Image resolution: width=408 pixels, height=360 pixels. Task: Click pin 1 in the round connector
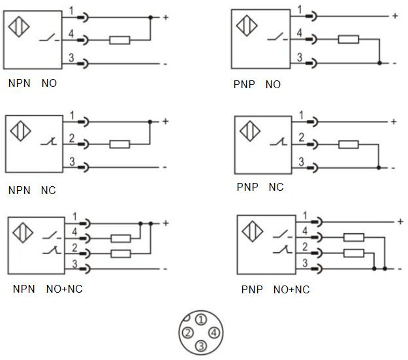coord(202,319)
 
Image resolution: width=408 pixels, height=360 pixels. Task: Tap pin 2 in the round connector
coord(187,333)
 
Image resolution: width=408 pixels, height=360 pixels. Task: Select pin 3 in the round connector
coord(202,346)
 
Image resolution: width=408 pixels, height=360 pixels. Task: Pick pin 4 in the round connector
coord(215,333)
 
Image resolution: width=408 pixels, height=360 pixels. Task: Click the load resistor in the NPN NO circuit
coord(119,41)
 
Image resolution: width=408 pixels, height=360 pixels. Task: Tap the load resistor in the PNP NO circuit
coord(348,39)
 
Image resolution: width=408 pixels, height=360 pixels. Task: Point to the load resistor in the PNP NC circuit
coord(348,144)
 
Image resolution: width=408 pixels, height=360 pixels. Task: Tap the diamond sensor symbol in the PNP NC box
coord(249,131)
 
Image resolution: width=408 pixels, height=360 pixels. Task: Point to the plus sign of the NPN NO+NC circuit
coord(165,223)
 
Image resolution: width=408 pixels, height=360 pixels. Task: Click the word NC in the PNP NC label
coord(276,188)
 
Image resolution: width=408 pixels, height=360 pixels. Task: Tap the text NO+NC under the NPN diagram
coord(64,289)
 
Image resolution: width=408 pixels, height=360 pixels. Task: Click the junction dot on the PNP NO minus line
coord(379,63)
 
